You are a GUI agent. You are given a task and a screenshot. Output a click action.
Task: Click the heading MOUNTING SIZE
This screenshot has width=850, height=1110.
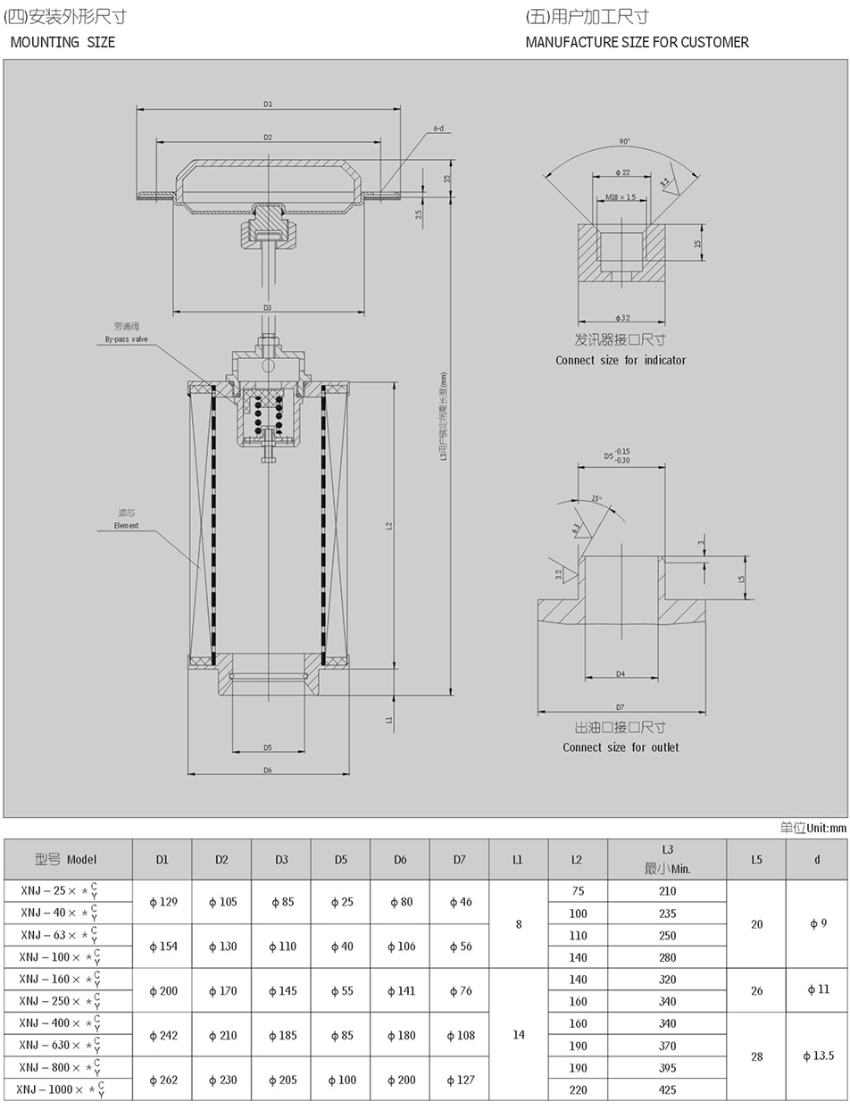(x=62, y=42)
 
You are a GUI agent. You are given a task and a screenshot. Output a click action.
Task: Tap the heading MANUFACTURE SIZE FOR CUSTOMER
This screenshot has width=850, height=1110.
(x=637, y=42)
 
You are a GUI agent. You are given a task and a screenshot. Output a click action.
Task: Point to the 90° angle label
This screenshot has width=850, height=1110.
(x=624, y=141)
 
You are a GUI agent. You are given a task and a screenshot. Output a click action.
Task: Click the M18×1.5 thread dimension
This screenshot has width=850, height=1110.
(x=621, y=197)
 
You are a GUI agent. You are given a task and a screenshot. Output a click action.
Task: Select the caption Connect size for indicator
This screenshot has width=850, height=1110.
(x=621, y=360)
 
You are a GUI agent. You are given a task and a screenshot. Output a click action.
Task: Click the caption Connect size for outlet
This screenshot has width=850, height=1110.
(x=621, y=747)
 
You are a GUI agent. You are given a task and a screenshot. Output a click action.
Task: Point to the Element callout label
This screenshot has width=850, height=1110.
(x=126, y=525)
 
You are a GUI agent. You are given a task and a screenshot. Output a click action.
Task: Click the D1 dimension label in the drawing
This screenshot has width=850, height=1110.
(x=268, y=104)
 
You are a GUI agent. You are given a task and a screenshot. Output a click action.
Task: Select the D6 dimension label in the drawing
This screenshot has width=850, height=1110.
(x=268, y=770)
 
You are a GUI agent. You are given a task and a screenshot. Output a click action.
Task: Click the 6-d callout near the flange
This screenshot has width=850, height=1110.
(x=438, y=129)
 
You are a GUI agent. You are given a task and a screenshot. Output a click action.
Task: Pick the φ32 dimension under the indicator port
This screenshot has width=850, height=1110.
(x=622, y=318)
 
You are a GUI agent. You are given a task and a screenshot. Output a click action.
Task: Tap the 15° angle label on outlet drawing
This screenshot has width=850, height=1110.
(x=596, y=498)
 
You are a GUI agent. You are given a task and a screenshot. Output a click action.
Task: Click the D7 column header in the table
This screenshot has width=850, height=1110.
(x=459, y=860)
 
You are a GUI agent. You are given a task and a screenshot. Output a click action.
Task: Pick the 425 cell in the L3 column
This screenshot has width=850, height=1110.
(x=667, y=1089)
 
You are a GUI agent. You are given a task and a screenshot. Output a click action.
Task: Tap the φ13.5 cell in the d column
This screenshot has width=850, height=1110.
(x=817, y=1056)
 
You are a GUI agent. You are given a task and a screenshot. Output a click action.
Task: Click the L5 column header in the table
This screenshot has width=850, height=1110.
(x=756, y=860)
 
